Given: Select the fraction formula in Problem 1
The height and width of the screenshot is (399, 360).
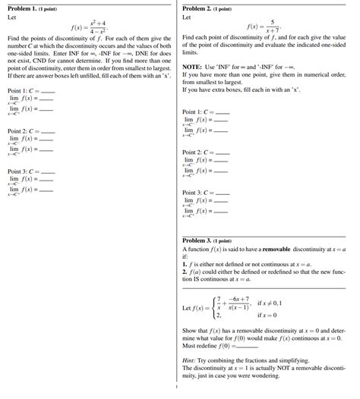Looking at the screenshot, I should click(97, 27).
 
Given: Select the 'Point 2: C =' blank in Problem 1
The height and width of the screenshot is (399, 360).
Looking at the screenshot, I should click(48, 130).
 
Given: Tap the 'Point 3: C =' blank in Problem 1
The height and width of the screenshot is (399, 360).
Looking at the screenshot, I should click(48, 171).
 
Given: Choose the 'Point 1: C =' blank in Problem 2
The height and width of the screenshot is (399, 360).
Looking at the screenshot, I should click(223, 111).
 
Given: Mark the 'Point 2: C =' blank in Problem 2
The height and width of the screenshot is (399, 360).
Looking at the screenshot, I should click(223, 152).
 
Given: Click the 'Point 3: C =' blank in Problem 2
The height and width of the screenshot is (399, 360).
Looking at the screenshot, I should click(223, 192).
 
